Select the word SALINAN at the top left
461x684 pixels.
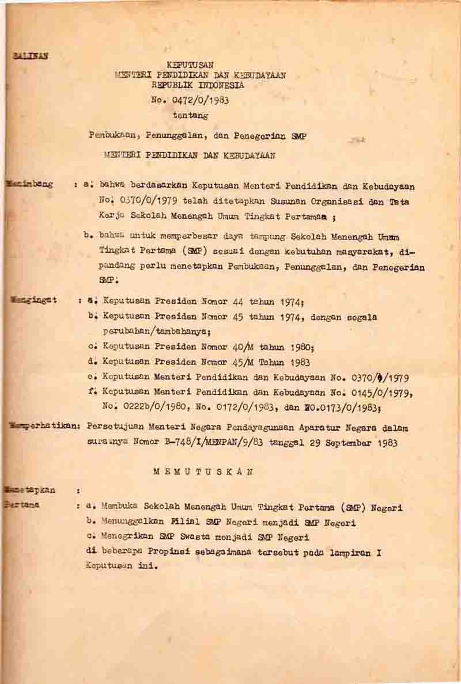pos(29,56)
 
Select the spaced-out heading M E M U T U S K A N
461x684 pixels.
pos(203,471)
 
